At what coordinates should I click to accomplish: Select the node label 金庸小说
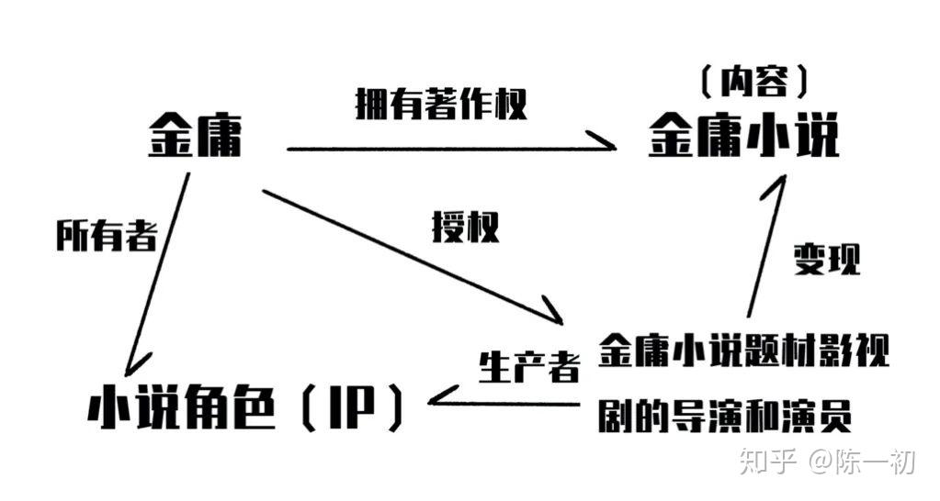click(x=743, y=139)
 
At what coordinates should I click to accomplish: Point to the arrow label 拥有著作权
click(x=441, y=105)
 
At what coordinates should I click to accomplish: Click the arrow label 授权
click(x=465, y=227)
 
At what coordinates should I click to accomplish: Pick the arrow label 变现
click(x=827, y=261)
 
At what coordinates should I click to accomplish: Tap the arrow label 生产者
click(x=529, y=367)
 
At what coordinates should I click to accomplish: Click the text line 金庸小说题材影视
click(x=743, y=351)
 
